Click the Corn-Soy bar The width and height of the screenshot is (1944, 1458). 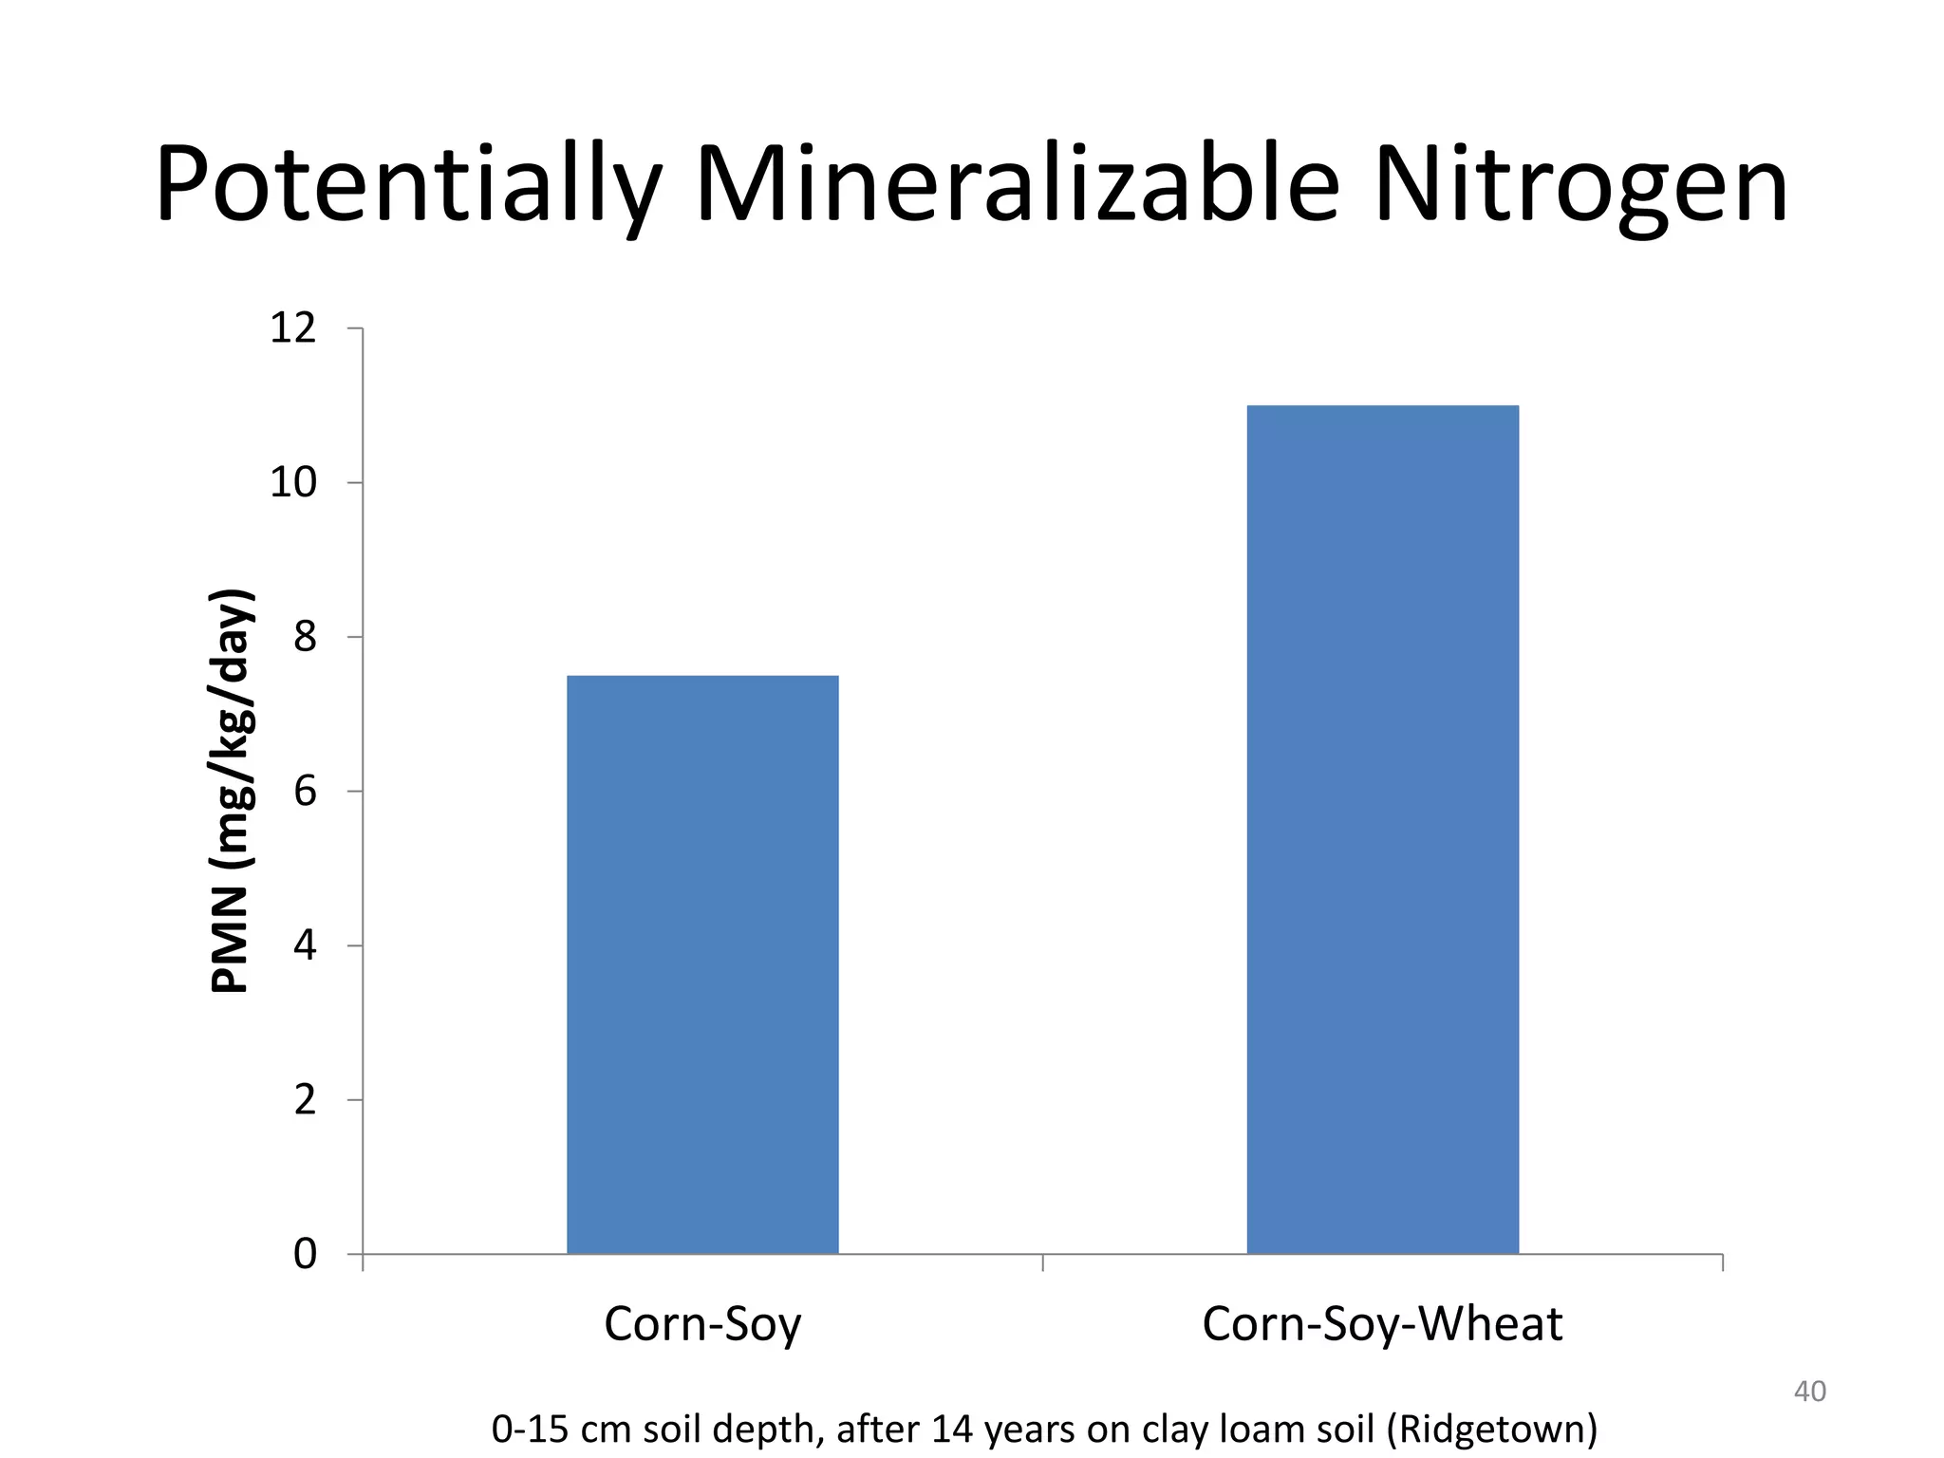coord(702,963)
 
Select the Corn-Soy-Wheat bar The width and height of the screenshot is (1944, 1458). coord(1382,829)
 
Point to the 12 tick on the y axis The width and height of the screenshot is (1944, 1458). coord(293,328)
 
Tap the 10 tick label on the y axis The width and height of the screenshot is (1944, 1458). coord(293,483)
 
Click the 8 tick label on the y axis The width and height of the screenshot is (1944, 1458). coord(305,637)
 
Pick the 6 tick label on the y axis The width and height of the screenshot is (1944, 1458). coord(305,792)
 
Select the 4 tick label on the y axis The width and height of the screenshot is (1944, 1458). coord(305,946)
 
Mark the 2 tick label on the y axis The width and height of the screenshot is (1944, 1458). coord(305,1100)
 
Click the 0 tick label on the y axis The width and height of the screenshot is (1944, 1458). coord(305,1255)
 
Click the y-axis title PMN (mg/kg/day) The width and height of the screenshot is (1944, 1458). coord(231,791)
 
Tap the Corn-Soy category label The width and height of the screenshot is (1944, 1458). coord(702,1324)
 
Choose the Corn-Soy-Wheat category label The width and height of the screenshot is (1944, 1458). coord(1381,1324)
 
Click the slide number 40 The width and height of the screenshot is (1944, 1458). coord(1809,1392)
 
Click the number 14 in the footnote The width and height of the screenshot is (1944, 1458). coord(952,1429)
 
